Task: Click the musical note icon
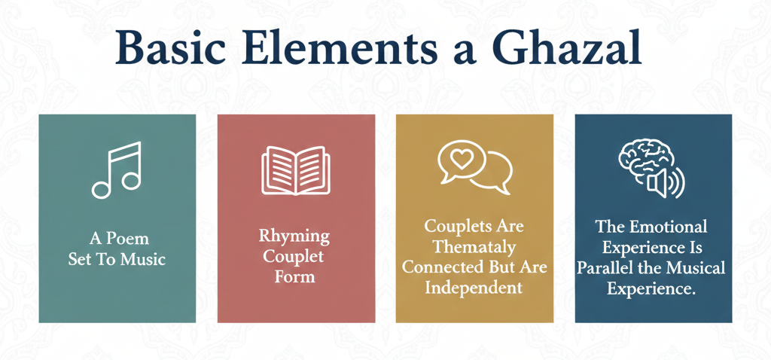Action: click(x=117, y=170)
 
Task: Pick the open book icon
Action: click(x=296, y=170)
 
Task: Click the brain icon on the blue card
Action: click(x=644, y=159)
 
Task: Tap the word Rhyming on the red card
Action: click(x=294, y=236)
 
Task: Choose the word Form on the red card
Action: click(x=295, y=276)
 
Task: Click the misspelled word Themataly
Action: click(x=474, y=246)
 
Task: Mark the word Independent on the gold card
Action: click(x=474, y=287)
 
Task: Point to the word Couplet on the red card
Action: click(x=295, y=256)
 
